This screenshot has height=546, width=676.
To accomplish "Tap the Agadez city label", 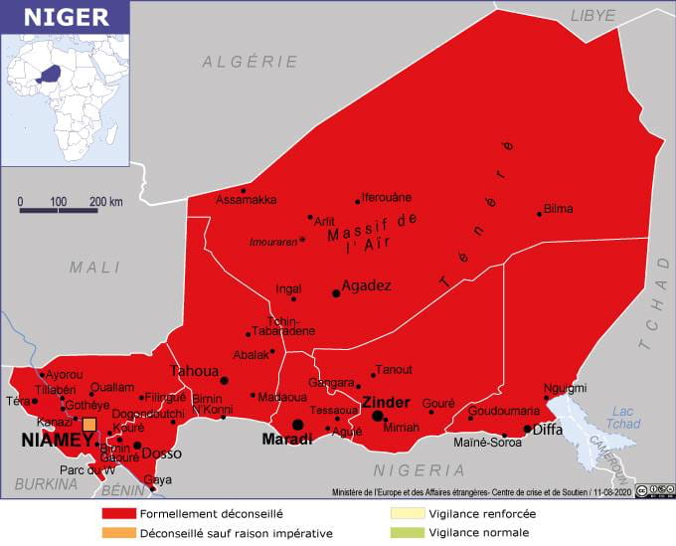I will point(366,285).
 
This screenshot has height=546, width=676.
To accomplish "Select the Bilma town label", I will point(559,210).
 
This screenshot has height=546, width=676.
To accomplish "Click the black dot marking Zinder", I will point(378,416).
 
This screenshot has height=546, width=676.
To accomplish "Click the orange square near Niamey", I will point(89,425).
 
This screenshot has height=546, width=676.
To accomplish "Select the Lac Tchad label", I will point(622,418).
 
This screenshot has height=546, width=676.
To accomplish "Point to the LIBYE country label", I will point(592,15).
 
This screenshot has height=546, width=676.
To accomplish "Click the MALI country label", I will point(94,268).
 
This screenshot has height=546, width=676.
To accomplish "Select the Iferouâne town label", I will point(386,197).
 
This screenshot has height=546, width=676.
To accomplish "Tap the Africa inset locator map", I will point(65,98).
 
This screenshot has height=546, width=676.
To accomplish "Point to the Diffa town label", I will point(548,430).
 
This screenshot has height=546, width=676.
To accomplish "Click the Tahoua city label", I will point(194,370).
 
